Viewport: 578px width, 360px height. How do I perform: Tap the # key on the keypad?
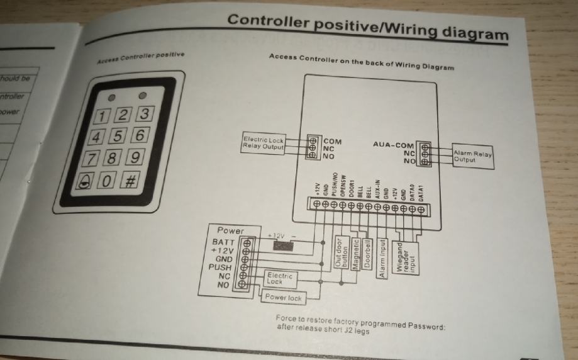click(131, 181)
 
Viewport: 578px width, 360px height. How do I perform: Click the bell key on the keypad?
click(85, 182)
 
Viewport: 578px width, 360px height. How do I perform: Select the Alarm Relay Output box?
click(473, 156)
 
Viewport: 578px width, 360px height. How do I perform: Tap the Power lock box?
click(284, 297)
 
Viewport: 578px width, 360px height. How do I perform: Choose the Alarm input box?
click(382, 258)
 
